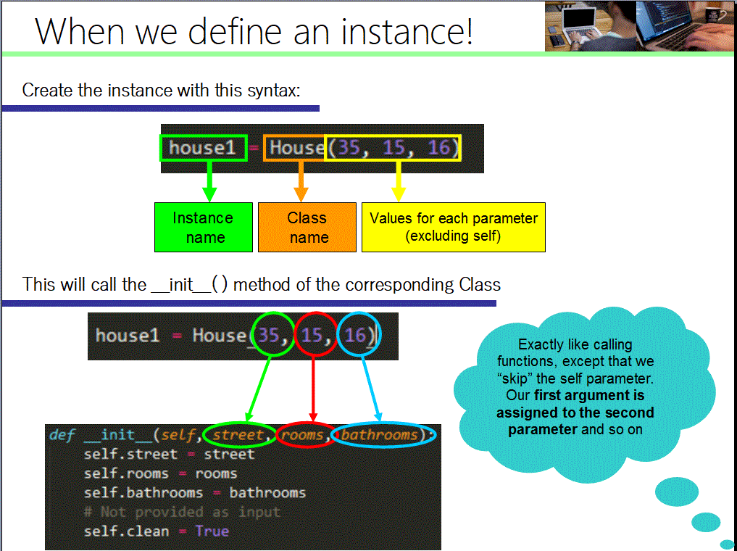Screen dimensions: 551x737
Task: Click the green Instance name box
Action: (204, 227)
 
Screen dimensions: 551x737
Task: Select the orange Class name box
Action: (307, 227)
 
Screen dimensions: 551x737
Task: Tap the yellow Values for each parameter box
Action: (453, 227)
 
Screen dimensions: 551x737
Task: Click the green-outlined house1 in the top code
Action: (204, 148)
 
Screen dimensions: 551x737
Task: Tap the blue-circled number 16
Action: (357, 335)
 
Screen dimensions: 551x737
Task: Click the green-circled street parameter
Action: (238, 435)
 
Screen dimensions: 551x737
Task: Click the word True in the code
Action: (212, 531)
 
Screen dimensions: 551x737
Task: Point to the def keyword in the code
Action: (62, 435)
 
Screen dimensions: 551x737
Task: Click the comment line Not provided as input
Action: (181, 512)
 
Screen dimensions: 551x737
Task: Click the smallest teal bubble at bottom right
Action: (727, 543)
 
